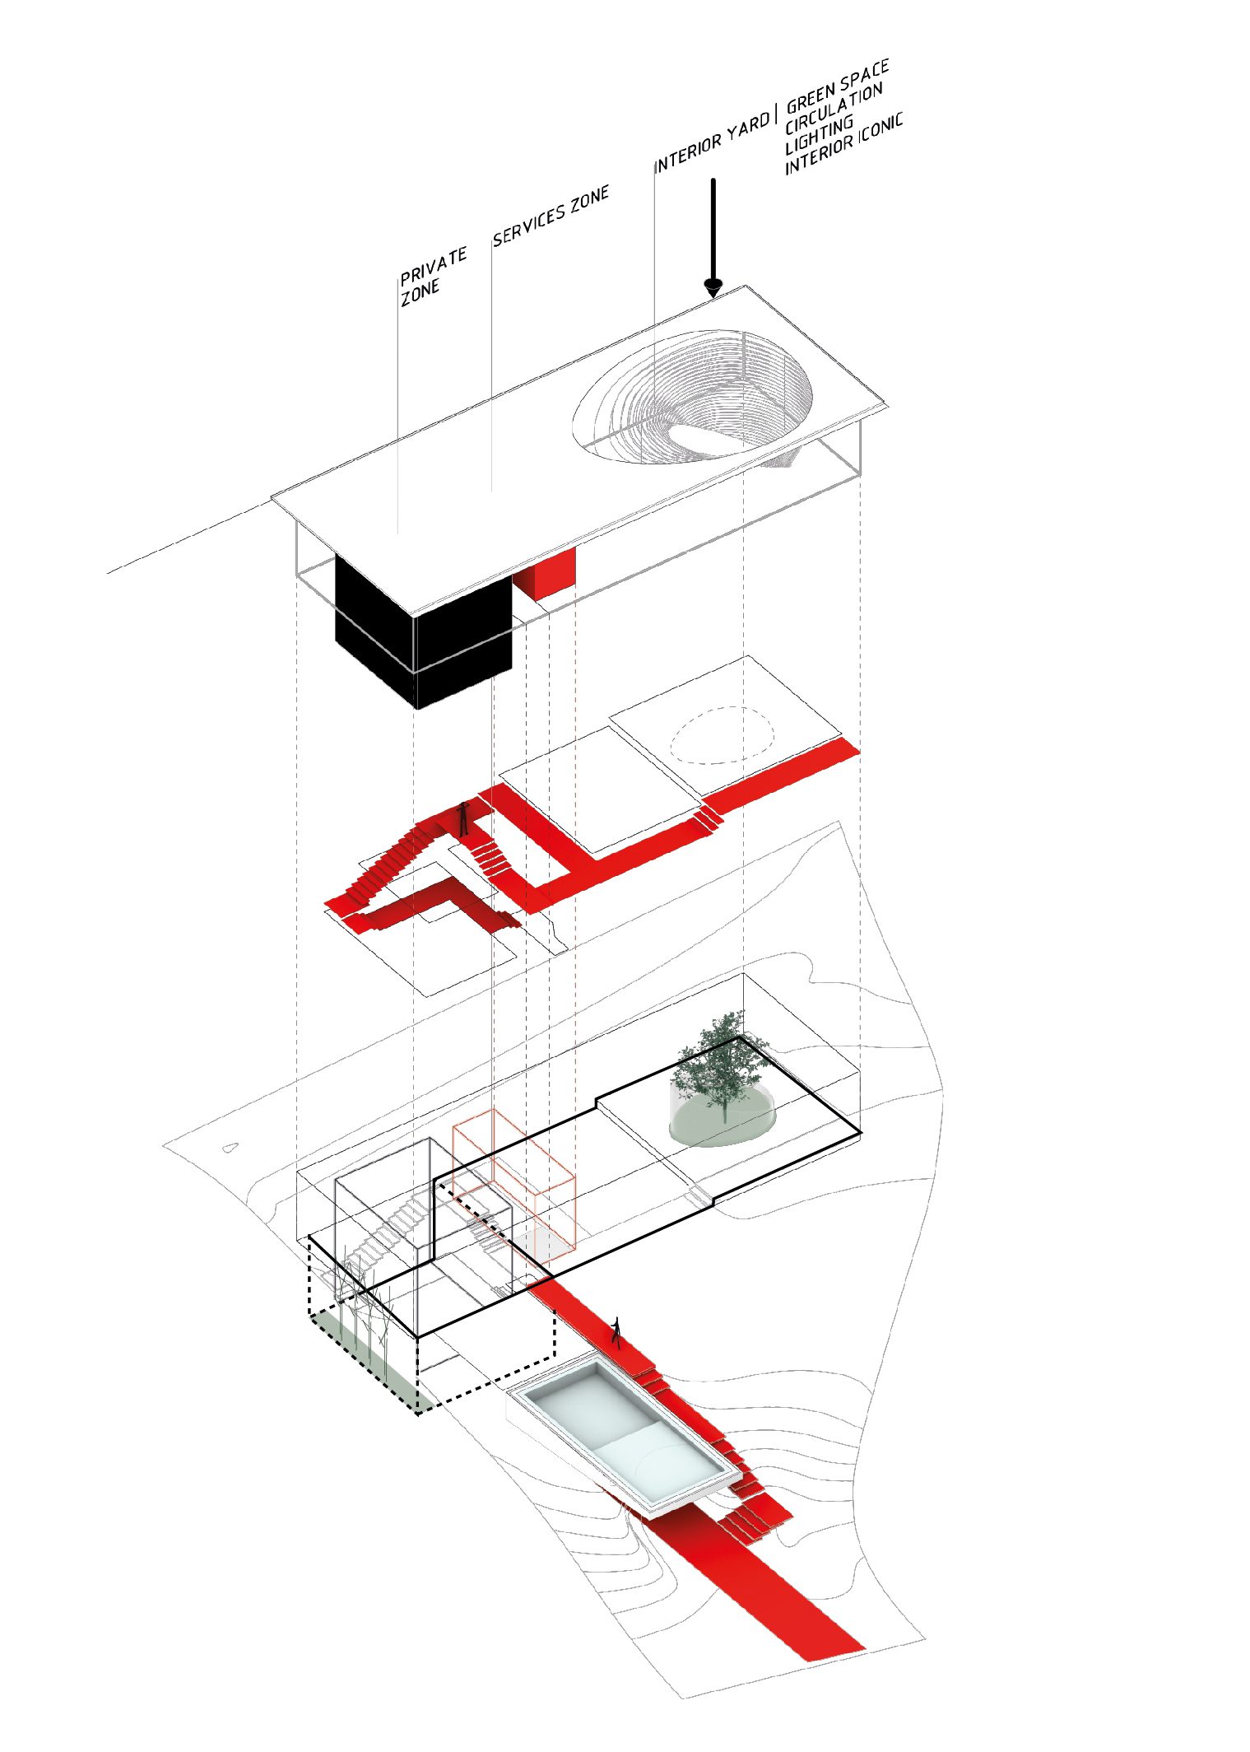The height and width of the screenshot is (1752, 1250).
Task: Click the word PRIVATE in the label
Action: tap(434, 265)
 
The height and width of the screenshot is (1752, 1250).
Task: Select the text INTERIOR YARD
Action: tap(713, 142)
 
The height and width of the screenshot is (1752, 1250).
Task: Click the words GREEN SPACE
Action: tap(838, 86)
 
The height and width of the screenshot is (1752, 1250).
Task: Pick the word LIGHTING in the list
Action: tap(819, 135)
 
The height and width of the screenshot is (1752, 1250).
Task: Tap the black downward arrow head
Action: tap(713, 287)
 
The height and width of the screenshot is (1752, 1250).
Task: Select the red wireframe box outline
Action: tap(513, 1186)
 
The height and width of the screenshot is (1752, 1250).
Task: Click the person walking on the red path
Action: tap(616, 1331)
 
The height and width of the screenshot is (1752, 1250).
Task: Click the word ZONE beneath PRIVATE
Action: tap(420, 292)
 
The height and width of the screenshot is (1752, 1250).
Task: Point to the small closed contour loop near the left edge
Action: tap(230, 1147)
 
